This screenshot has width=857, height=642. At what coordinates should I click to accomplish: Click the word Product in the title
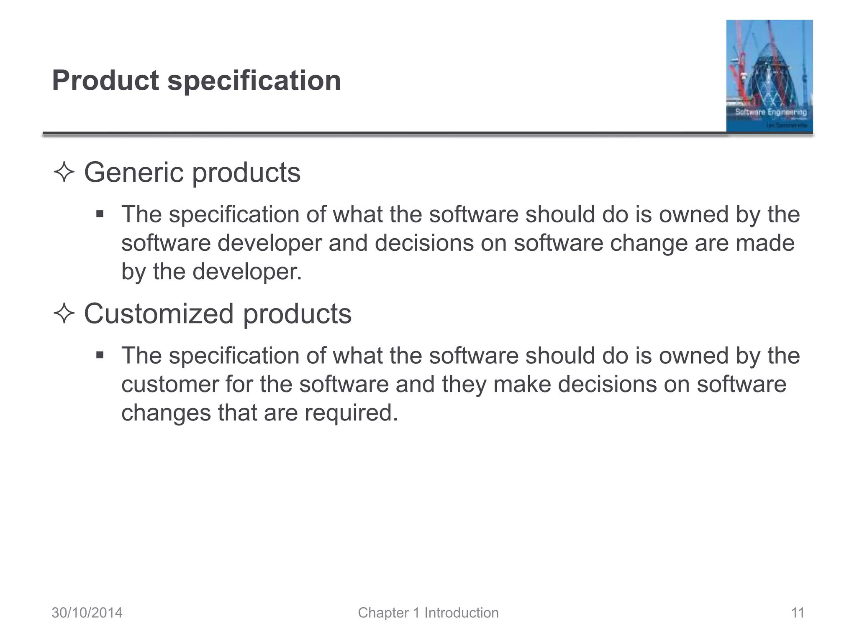tap(105, 80)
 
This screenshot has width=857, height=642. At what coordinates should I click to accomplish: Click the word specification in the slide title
tap(254, 81)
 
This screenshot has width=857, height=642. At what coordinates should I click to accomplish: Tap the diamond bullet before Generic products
tap(64, 173)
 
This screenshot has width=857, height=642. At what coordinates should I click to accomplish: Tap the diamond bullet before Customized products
tap(64, 314)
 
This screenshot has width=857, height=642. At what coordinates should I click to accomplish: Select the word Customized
tap(159, 313)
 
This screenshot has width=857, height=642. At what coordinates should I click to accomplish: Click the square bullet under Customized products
tap(100, 356)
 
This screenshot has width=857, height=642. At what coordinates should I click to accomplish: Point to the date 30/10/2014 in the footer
tap(87, 613)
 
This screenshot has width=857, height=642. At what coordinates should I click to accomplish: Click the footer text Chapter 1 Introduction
tap(428, 613)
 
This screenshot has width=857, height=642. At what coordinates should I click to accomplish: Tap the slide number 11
tap(798, 613)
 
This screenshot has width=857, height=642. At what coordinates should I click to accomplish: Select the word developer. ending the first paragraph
tap(247, 272)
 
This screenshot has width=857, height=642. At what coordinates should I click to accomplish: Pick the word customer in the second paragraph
tap(169, 384)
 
